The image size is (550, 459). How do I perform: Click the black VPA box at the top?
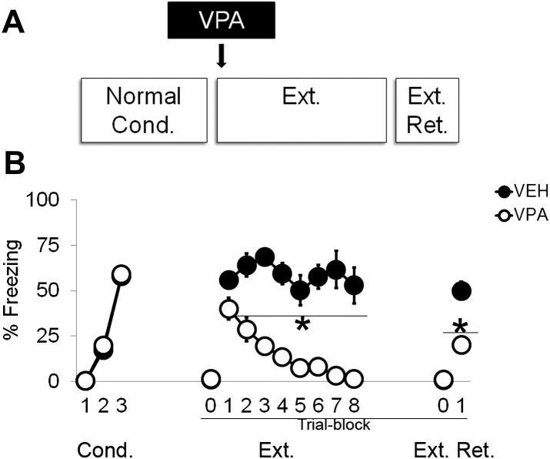(221, 19)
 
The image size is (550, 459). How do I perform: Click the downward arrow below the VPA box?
(222, 56)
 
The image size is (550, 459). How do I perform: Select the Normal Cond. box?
(143, 109)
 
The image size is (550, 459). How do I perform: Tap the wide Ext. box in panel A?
(299, 109)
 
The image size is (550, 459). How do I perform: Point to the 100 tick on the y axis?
(48, 200)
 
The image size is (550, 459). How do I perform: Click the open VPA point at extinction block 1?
(228, 309)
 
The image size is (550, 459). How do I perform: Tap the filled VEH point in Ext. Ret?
(462, 290)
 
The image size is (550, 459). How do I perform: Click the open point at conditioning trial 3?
(122, 274)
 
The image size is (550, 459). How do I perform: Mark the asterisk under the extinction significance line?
(302, 324)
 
